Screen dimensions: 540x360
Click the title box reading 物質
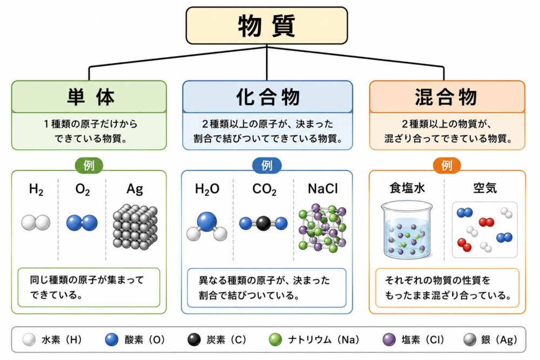[x=267, y=26]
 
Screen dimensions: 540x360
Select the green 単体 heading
[x=89, y=97]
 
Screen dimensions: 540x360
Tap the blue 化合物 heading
[x=267, y=97]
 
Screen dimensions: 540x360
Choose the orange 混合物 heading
[x=447, y=97]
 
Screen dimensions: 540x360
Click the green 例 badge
[x=89, y=166]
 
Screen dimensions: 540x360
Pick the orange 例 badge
[x=447, y=166]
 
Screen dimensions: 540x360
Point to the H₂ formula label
[x=36, y=189]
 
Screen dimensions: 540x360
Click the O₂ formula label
[x=83, y=189]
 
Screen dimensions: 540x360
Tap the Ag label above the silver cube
[x=134, y=189]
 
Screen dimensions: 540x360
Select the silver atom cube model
[x=136, y=227]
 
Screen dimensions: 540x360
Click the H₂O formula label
[x=207, y=189]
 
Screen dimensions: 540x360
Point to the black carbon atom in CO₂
[x=264, y=223]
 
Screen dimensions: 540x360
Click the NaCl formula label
[x=323, y=188]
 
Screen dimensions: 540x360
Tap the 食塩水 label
[x=407, y=188]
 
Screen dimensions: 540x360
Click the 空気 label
[x=485, y=188]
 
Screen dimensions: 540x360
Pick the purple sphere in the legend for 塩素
[x=389, y=339]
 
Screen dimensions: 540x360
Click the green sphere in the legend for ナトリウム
[x=275, y=339]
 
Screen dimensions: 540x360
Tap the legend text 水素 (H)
[x=62, y=339]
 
